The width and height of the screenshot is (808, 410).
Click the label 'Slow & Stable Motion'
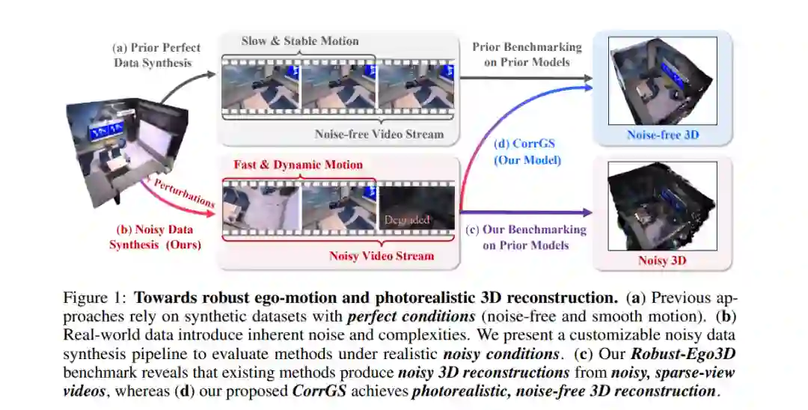299,41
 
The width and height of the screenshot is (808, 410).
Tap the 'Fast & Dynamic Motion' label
298,165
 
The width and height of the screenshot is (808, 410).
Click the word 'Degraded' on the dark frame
407,220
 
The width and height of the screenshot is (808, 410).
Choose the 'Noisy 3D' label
662,260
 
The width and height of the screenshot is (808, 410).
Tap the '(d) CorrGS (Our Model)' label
525,152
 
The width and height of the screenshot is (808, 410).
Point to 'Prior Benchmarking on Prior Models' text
527,55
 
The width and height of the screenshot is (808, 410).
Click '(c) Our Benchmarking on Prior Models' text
526,237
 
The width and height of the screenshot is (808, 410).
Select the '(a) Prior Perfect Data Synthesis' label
156,55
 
